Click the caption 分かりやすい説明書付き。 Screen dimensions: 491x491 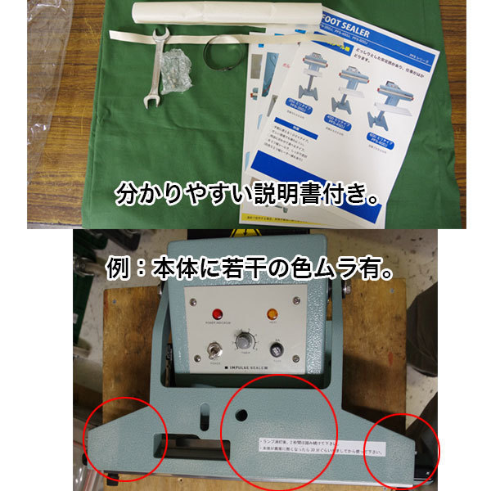245,196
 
